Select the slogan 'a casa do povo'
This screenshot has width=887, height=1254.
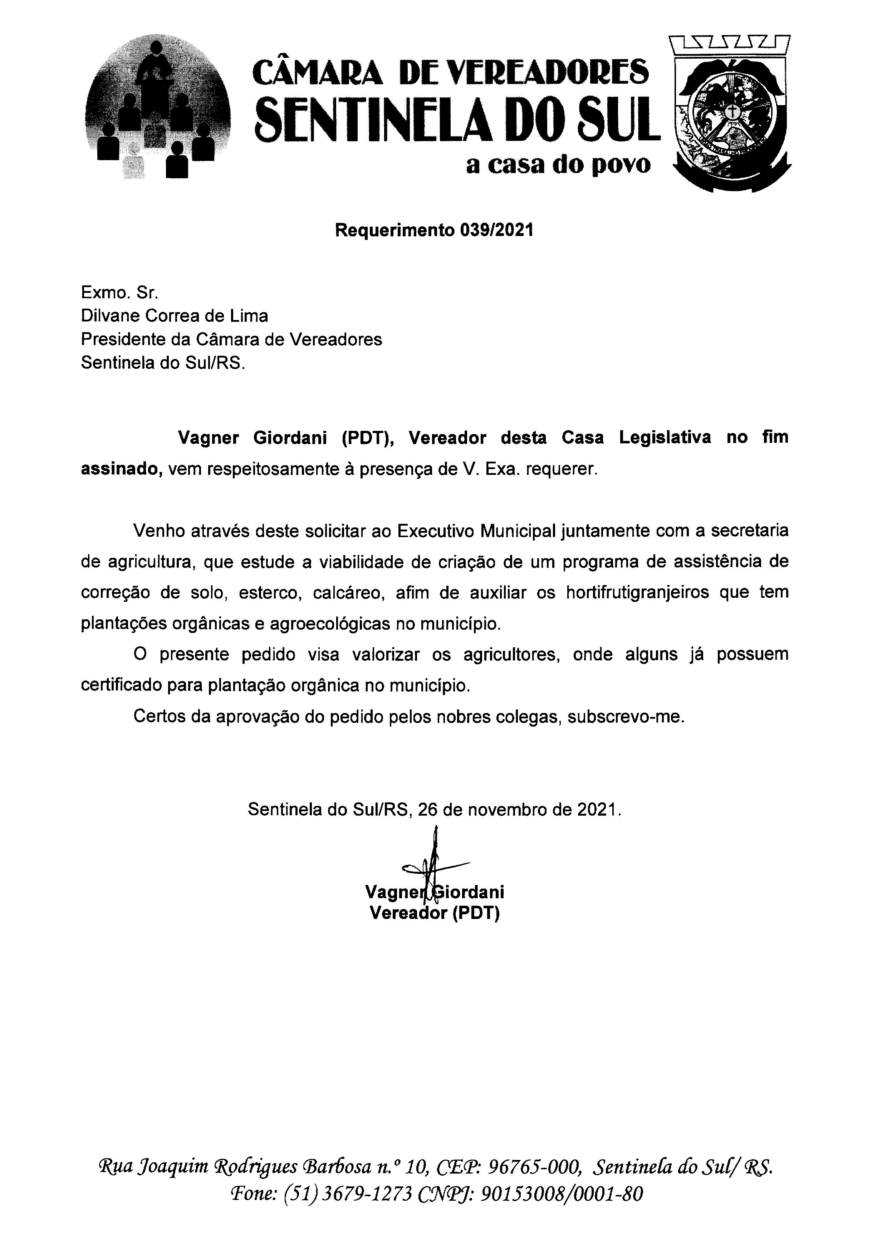(558, 164)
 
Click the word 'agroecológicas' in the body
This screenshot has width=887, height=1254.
(330, 623)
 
